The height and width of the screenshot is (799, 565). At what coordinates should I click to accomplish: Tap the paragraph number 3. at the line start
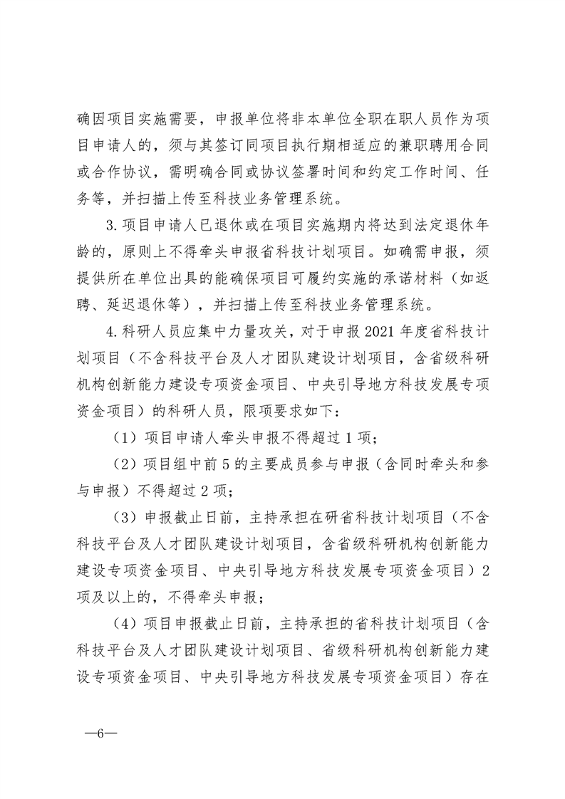(110, 246)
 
